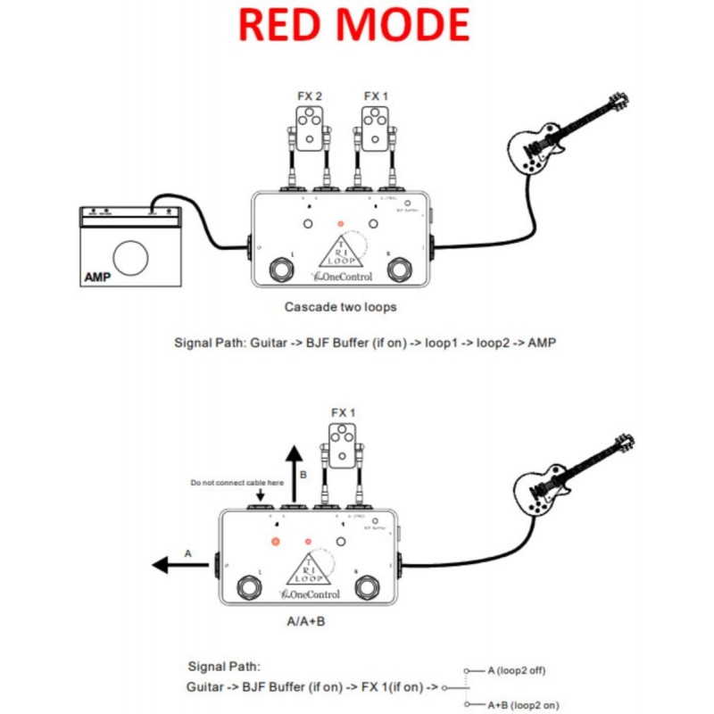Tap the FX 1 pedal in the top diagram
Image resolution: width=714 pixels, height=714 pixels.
(374, 126)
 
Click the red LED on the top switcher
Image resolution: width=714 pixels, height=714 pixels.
(338, 224)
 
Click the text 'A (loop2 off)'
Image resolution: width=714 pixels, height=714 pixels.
(519, 668)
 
